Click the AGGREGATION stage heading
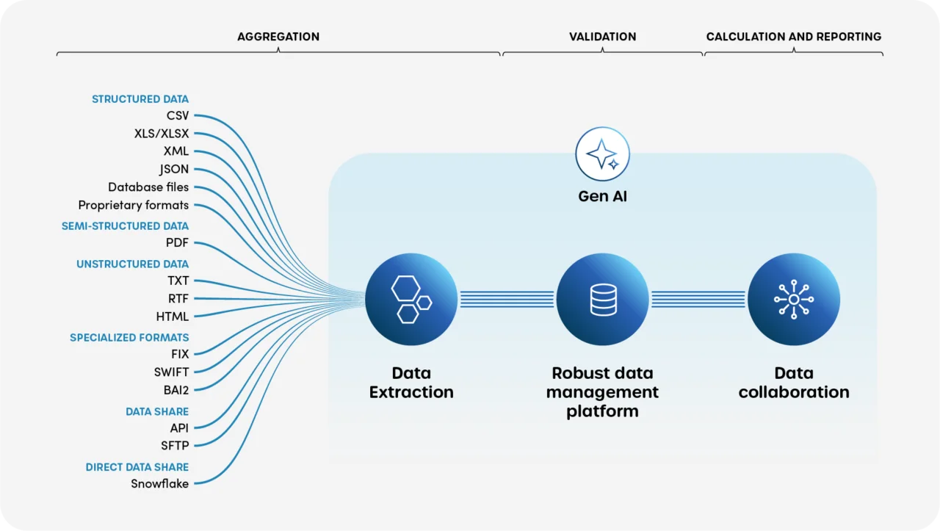click(x=278, y=37)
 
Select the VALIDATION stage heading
click(x=602, y=37)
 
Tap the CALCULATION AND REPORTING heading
click(x=793, y=37)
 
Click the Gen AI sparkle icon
click(x=602, y=154)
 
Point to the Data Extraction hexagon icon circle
click(x=411, y=300)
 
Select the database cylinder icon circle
click(x=602, y=300)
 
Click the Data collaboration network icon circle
click(x=794, y=300)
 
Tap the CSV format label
click(x=177, y=115)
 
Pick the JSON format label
click(x=174, y=170)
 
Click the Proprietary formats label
click(x=134, y=206)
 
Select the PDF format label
click(x=177, y=243)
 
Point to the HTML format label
click(x=173, y=317)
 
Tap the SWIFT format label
click(x=171, y=372)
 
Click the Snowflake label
click(x=159, y=484)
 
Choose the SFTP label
click(x=175, y=446)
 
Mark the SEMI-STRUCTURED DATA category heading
click(x=125, y=226)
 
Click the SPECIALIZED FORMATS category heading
click(x=129, y=338)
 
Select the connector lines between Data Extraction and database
click(x=507, y=300)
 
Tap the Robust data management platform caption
click(x=602, y=392)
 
